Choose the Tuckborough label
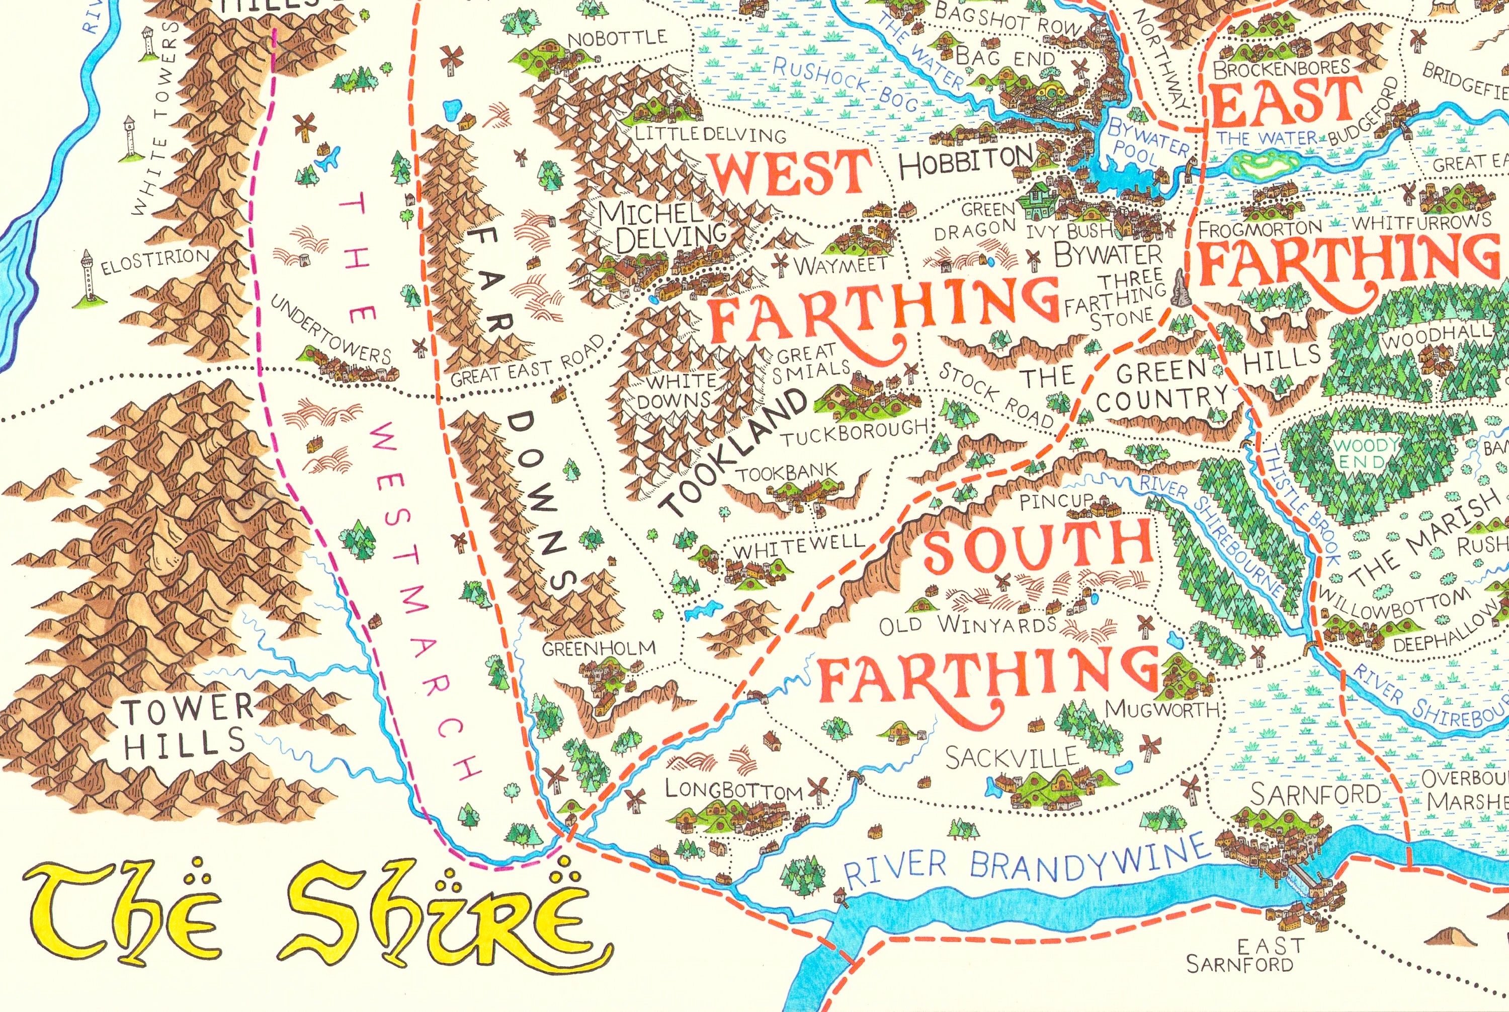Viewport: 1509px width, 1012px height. tap(855, 433)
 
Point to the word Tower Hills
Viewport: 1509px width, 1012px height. tap(187, 726)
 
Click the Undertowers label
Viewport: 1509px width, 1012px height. tap(329, 330)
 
